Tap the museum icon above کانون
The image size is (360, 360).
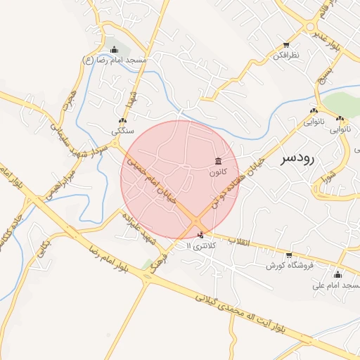coord(218,160)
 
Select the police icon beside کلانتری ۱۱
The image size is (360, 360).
coord(202,235)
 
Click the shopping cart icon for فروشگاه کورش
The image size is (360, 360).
coord(289,255)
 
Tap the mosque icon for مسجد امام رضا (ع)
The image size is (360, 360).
coord(115,49)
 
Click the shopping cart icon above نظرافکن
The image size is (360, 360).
coord(285,44)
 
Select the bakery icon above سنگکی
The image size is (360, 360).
coord(123,120)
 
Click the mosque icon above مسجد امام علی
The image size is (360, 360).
coord(338,274)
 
